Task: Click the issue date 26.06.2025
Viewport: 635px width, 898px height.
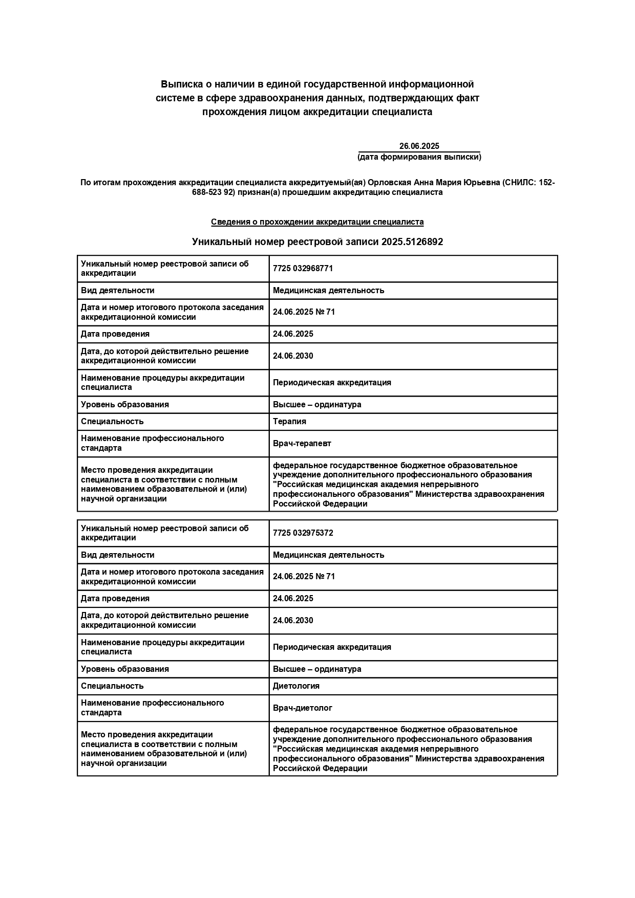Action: click(x=419, y=146)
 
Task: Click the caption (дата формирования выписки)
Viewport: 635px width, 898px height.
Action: click(x=419, y=157)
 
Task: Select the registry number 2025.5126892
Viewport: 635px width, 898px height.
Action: click(x=412, y=242)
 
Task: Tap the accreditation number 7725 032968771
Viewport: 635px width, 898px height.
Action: click(x=303, y=269)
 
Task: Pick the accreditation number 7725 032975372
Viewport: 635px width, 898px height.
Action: click(x=303, y=533)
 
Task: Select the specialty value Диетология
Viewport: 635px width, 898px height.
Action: click(x=296, y=686)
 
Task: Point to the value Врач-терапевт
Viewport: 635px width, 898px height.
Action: click(x=302, y=444)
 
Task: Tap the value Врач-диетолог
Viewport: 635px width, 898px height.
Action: click(x=302, y=708)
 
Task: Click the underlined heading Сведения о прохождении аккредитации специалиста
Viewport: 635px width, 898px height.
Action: click(x=317, y=222)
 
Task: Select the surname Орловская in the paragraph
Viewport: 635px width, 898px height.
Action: click(x=387, y=183)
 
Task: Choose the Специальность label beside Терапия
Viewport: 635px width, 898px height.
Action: click(x=112, y=422)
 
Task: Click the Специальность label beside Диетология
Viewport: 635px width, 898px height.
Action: click(x=112, y=686)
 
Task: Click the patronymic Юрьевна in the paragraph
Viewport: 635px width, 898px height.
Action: click(x=481, y=183)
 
